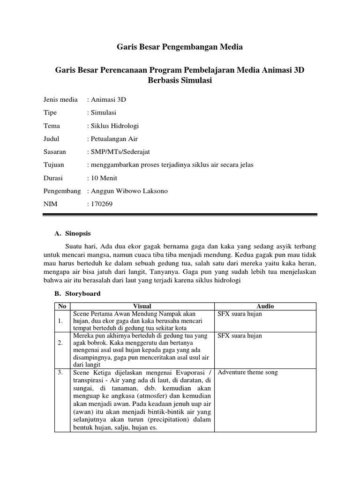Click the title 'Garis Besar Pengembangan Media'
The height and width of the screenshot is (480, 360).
[180, 47]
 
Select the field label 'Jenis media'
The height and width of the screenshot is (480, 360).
[60, 100]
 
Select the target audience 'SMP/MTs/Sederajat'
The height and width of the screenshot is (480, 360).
[120, 152]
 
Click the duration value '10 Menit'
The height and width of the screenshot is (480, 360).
[104, 178]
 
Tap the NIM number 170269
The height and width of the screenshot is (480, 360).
[102, 204]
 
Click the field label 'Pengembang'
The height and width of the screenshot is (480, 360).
[62, 191]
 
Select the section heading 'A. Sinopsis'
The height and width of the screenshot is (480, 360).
[73, 233]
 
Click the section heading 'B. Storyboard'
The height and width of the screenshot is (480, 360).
[77, 293]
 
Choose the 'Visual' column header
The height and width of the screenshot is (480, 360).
[142, 306]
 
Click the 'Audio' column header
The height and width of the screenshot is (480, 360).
[265, 306]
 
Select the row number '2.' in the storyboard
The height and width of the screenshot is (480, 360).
[60, 343]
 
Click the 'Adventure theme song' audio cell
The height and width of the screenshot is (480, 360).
[248, 372]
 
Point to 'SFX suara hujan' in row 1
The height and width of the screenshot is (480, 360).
[240, 314]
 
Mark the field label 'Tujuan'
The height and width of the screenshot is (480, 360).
[54, 165]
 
